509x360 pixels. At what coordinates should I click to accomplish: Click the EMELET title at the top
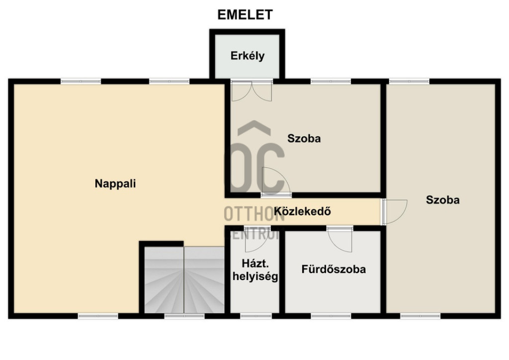point(245,14)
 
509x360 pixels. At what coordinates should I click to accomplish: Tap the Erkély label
point(248,56)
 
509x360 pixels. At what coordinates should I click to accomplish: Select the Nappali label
point(115,183)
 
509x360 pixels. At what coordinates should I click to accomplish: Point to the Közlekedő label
point(303,211)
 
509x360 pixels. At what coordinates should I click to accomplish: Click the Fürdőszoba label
point(334,269)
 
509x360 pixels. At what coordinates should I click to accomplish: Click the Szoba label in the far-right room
point(443,199)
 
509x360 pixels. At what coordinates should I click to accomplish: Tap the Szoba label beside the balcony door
point(304,138)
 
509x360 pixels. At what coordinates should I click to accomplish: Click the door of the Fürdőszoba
point(340,240)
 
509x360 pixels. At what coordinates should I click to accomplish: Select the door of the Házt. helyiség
point(256,240)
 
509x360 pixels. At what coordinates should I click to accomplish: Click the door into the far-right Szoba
point(394,212)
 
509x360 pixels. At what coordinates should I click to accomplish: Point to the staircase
point(184,280)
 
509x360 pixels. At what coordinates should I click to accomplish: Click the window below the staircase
point(184,316)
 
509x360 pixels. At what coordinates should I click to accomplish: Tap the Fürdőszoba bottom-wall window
point(331,316)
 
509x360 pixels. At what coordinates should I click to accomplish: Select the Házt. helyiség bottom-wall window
point(256,316)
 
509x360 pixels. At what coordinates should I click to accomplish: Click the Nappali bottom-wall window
point(98,316)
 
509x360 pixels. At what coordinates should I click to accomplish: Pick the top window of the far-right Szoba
point(410,81)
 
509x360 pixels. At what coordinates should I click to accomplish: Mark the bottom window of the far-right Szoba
point(420,316)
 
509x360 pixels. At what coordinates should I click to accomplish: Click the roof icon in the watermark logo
point(254,128)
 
